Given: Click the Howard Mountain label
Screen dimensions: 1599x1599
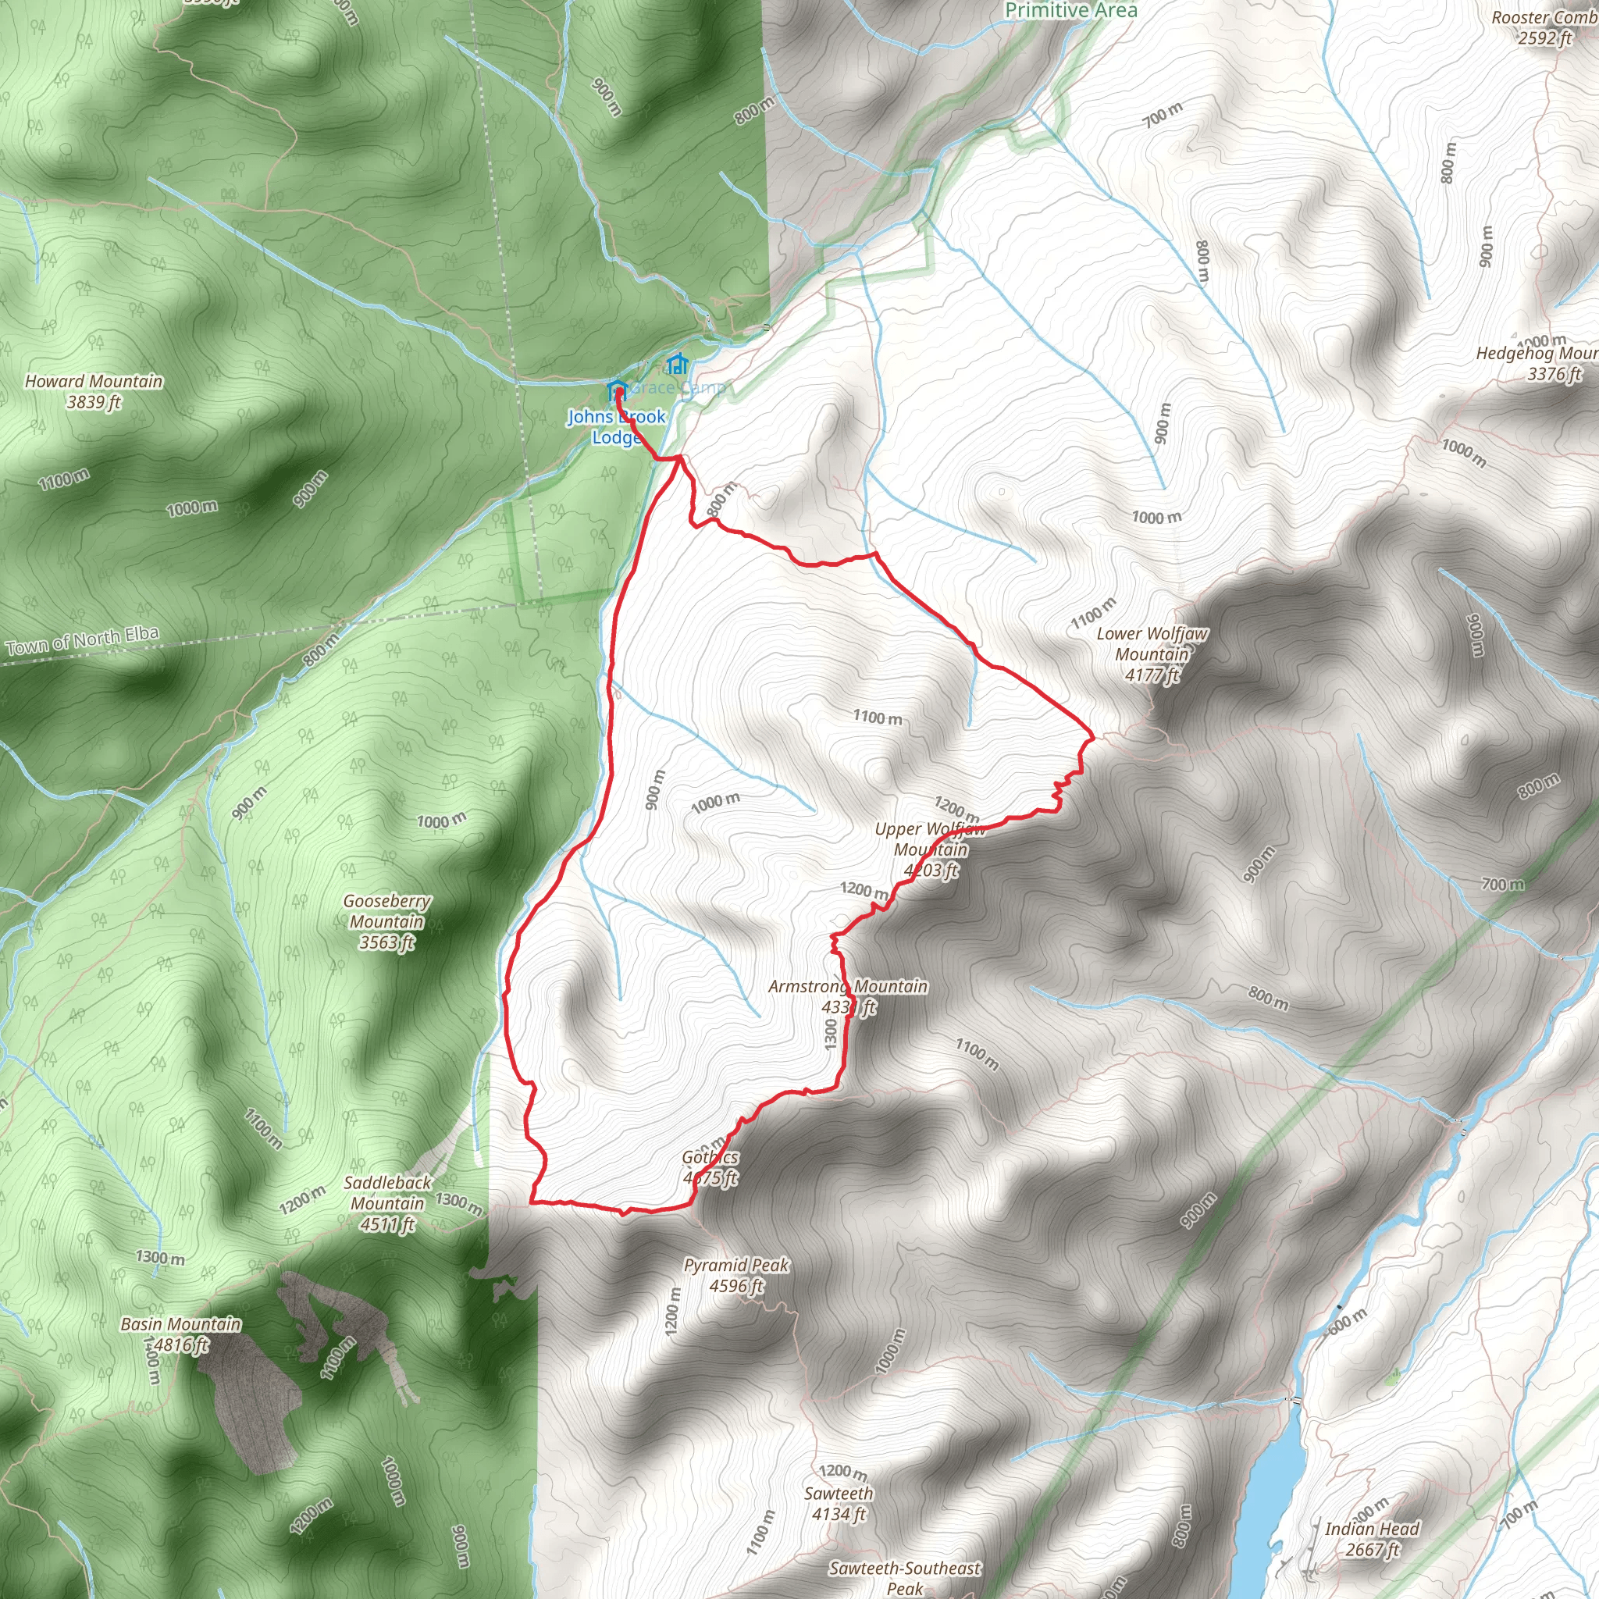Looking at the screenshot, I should coord(94,391).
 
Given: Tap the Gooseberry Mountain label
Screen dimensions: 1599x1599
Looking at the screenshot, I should coord(386,921).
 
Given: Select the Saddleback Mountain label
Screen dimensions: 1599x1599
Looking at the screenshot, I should coord(387,1203).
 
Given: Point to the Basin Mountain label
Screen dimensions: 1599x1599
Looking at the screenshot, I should coord(180,1334).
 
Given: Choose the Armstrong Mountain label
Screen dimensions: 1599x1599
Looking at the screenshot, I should coord(847,996).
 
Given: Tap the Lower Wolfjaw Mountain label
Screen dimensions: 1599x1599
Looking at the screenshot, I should coord(1152,653).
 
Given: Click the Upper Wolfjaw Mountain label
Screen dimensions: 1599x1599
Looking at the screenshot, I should coord(930,849).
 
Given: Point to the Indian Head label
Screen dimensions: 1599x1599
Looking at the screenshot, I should coord(1371,1539).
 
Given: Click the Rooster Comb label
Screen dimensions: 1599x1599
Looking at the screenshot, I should coord(1544,27).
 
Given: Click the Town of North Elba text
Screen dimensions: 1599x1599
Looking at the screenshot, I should coord(82,642).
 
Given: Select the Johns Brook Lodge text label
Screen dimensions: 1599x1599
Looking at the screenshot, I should coord(616,427).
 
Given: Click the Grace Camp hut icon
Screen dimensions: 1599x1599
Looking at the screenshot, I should coord(677,363).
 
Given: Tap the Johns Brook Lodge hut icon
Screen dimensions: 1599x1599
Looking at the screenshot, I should coord(617,389).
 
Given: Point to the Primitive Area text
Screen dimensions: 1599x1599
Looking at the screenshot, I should coord(1071,11).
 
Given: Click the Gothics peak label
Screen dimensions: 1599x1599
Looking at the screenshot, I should coord(710,1167).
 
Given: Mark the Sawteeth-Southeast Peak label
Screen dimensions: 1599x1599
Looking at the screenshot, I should coord(905,1577).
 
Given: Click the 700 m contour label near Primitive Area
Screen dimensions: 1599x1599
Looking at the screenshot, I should coord(1163,114).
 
